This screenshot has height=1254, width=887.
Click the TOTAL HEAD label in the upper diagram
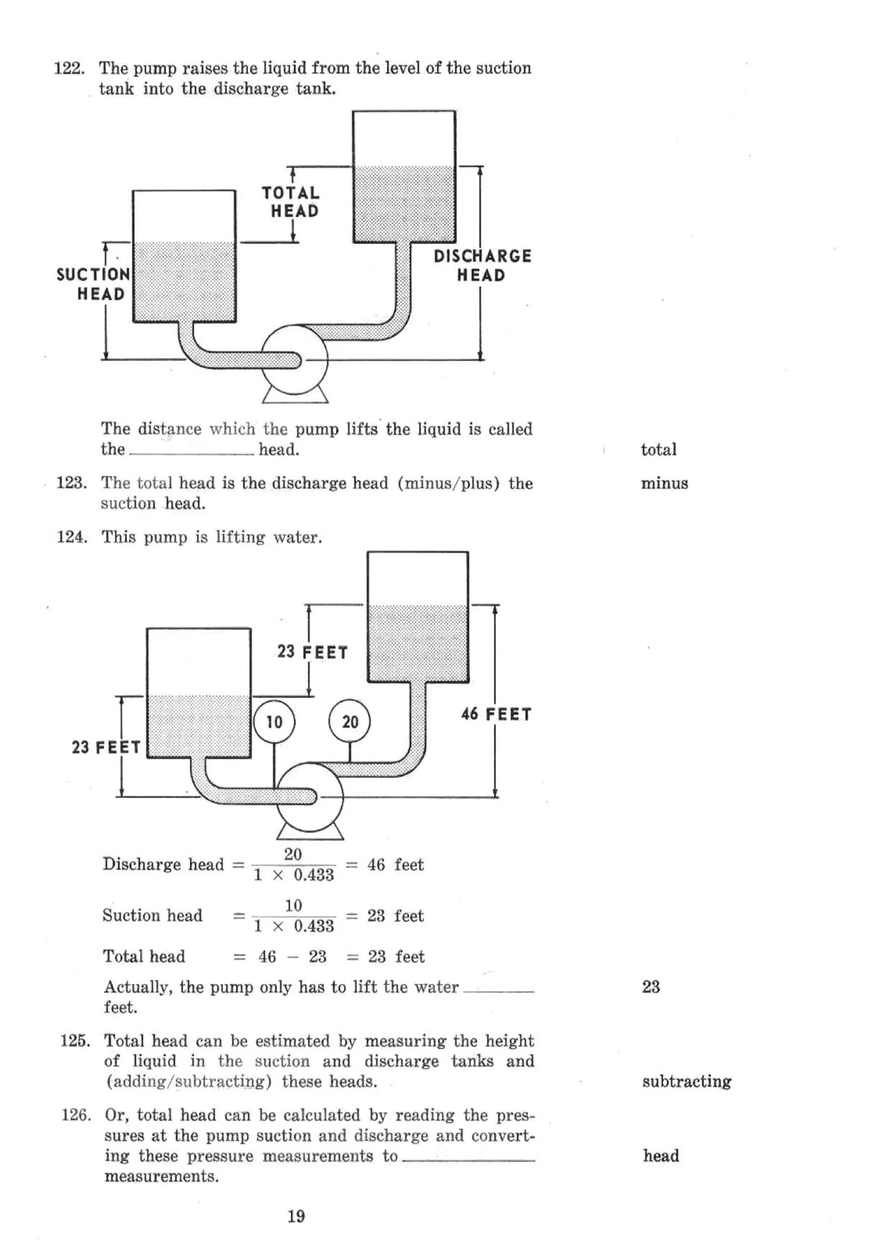[x=291, y=202]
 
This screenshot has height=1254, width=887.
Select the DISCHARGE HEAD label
[x=482, y=265]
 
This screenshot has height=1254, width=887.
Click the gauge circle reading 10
[x=274, y=722]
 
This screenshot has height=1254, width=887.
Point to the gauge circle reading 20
[x=350, y=722]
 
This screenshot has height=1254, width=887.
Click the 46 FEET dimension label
[x=496, y=714]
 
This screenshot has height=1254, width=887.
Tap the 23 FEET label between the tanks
[x=312, y=651]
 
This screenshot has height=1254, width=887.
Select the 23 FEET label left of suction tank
[x=106, y=747]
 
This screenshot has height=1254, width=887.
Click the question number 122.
[x=69, y=69]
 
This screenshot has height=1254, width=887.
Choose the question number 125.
[x=74, y=1041]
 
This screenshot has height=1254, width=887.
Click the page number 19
[x=296, y=1216]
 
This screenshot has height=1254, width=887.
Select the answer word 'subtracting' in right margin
[x=686, y=1081]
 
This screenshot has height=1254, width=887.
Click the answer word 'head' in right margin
[x=661, y=1156]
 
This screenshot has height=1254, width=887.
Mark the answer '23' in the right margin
[x=651, y=986]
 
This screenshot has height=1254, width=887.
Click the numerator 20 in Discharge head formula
[x=293, y=854]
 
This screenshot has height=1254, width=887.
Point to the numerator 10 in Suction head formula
[x=294, y=905]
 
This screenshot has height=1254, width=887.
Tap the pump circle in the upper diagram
[x=295, y=359]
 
